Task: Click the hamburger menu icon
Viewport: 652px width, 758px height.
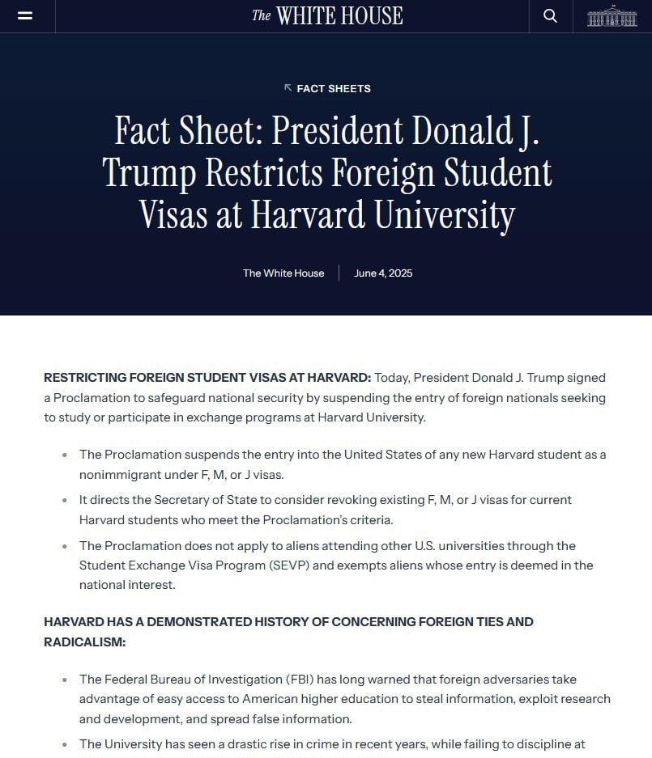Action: click(x=25, y=15)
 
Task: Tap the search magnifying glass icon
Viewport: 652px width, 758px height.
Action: click(x=550, y=15)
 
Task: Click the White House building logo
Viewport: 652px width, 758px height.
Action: click(x=612, y=16)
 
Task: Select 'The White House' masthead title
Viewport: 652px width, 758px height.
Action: click(x=326, y=15)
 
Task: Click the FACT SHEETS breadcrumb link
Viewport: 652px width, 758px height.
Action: click(x=334, y=88)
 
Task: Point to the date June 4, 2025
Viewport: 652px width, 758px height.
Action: click(x=383, y=273)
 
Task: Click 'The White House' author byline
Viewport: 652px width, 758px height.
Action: click(x=283, y=273)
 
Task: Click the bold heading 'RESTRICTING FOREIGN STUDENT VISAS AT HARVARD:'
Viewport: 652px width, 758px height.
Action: click(x=207, y=378)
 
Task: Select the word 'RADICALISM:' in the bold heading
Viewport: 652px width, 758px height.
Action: click(x=85, y=642)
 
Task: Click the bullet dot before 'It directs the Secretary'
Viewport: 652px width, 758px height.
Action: click(x=65, y=501)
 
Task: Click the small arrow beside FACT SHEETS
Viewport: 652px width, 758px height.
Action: click(x=288, y=87)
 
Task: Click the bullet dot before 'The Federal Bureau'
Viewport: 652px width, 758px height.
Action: click(x=65, y=680)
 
